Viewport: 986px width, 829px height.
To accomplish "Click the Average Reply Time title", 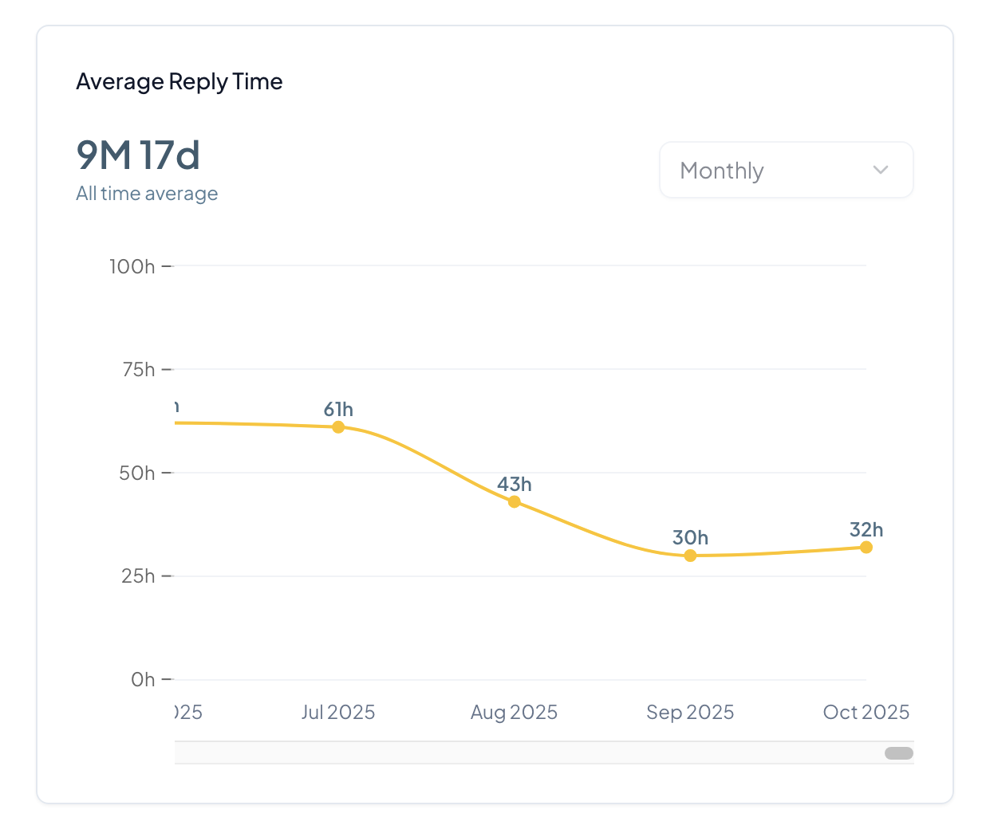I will (x=179, y=82).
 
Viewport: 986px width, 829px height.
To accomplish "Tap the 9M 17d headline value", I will (x=138, y=155).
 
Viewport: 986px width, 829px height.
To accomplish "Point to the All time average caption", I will (x=147, y=194).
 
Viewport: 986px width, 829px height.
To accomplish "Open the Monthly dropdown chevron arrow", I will (x=881, y=170).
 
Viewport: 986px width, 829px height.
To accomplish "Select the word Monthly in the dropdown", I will (x=722, y=171).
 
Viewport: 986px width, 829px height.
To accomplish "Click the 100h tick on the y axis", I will (x=132, y=266).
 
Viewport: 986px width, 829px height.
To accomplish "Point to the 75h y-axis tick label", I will (x=138, y=370).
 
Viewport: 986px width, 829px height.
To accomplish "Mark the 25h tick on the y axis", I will (x=138, y=576).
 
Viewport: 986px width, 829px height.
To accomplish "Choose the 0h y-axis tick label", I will (x=143, y=679).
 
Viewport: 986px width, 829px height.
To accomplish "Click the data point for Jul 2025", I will (x=338, y=427).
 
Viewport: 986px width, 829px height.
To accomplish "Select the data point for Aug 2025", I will (x=515, y=501).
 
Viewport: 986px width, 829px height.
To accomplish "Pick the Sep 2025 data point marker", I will (x=690, y=556).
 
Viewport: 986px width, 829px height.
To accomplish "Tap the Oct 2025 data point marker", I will (x=866, y=547).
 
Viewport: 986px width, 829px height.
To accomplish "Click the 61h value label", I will (x=338, y=410).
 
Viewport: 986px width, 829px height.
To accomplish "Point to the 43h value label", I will (x=515, y=485).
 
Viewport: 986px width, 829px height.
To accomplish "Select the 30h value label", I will (x=690, y=538).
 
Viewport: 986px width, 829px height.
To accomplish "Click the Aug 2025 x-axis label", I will (x=514, y=712).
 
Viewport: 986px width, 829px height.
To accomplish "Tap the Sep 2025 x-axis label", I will (x=690, y=712).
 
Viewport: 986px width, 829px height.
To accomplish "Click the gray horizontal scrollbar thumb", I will (x=899, y=753).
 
